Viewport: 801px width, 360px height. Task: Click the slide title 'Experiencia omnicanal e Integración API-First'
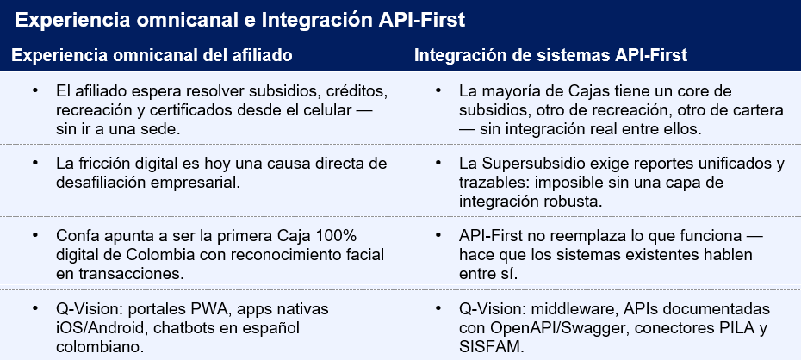pyautogui.click(x=239, y=20)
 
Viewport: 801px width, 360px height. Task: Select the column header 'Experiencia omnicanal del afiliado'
pyautogui.click(x=152, y=55)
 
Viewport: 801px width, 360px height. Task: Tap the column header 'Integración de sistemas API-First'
pyautogui.click(x=550, y=55)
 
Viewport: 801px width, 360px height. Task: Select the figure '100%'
pyautogui.click(x=336, y=237)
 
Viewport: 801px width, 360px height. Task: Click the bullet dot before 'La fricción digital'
pyautogui.click(x=34, y=163)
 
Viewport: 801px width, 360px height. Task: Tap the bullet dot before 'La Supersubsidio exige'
pyautogui.click(x=438, y=163)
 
